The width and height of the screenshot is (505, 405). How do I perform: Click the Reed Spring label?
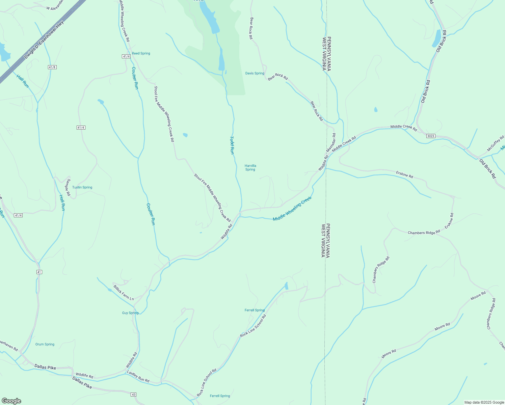pos(141,53)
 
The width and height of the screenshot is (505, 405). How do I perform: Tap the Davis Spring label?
pos(255,73)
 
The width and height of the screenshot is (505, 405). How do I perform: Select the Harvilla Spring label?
pos(250,167)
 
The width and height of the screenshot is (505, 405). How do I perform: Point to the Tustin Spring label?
pos(82,187)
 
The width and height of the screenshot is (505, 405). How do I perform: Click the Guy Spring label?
pos(130,313)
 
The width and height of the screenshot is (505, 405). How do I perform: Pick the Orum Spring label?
pos(45,344)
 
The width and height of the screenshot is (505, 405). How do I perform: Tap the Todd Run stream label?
pos(232,145)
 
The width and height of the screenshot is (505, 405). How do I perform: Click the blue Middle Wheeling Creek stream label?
pos(292,209)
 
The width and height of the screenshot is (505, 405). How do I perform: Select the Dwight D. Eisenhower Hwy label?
pos(44,40)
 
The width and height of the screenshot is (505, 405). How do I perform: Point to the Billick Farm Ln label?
pos(124,293)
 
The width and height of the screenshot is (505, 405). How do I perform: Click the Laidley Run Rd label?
pos(138,376)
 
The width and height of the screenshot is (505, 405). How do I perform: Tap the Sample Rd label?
pos(68,187)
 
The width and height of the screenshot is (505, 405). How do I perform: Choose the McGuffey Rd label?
pos(495,143)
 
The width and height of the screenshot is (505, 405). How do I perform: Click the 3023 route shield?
pos(430,136)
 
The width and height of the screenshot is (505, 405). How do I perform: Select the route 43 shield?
pos(134,394)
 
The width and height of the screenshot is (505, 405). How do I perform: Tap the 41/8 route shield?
pos(52,67)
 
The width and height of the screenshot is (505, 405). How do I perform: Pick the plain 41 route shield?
pos(39,272)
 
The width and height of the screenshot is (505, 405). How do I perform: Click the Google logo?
pos(11,401)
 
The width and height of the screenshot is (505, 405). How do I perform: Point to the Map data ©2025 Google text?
pos(484,402)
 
